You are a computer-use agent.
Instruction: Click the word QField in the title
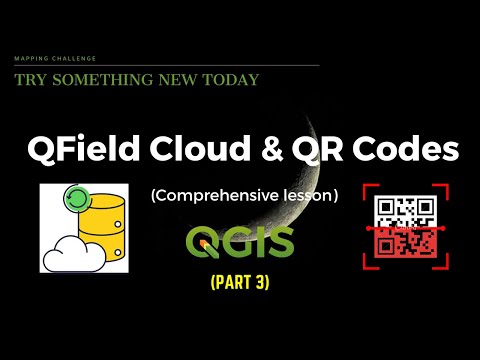[83, 151]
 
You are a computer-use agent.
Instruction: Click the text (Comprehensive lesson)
[244, 196]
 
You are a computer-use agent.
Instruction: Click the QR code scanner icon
[404, 227]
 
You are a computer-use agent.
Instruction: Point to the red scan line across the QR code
[404, 228]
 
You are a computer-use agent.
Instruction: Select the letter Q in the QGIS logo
[199, 242]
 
